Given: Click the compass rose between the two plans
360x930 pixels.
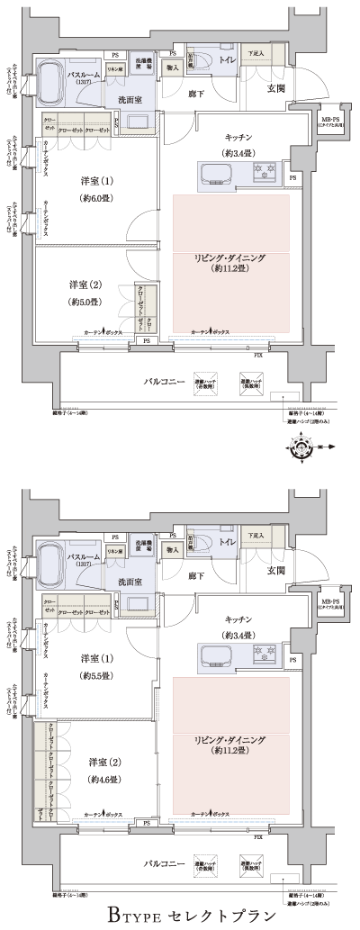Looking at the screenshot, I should tap(302, 447).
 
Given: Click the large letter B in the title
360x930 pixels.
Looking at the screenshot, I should tap(117, 916).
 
